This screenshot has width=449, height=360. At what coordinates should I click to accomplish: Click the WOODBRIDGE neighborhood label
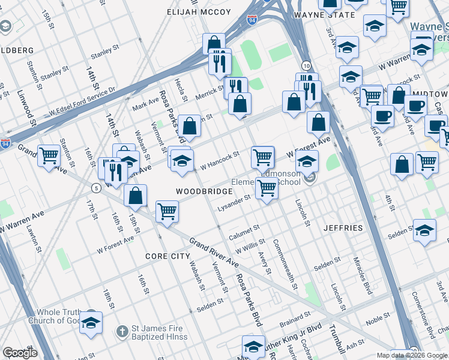click(204, 191)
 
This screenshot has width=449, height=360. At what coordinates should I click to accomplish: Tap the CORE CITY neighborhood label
click(167, 256)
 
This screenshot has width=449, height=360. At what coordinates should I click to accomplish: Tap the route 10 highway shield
click(306, 65)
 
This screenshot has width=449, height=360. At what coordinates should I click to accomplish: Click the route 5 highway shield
click(95, 188)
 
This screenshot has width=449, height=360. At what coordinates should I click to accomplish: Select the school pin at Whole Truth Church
click(91, 323)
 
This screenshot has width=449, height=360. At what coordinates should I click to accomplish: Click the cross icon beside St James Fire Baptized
click(122, 331)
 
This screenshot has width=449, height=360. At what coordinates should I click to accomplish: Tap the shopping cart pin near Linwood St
click(49, 155)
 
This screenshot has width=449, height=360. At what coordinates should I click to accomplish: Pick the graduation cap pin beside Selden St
click(424, 231)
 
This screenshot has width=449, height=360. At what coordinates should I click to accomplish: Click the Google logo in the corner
click(20, 352)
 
